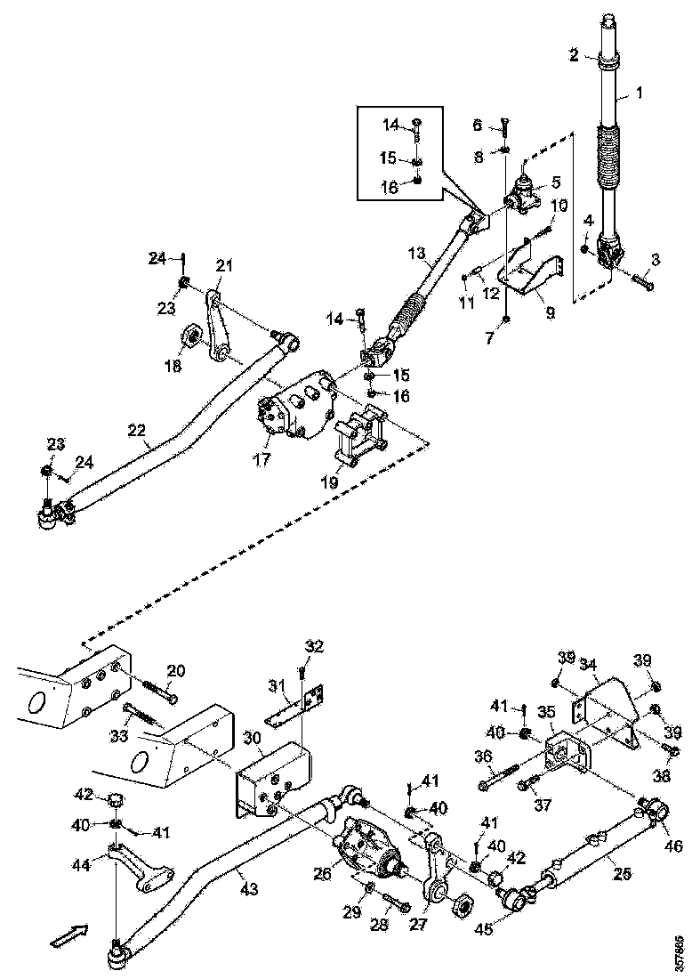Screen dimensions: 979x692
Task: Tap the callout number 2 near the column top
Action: (575, 55)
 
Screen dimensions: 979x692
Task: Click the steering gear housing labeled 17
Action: (298, 410)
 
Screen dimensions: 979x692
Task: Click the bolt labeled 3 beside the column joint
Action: (641, 282)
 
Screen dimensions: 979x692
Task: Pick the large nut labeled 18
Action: (190, 339)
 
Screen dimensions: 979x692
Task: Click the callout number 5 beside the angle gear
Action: (555, 183)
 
